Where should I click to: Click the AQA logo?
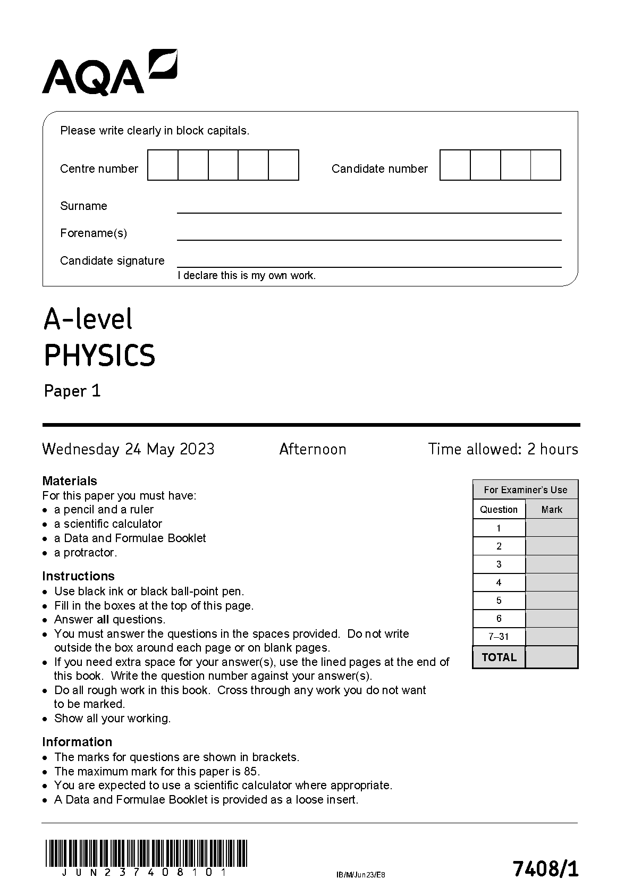109,73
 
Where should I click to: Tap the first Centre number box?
163,165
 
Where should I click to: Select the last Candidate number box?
546,165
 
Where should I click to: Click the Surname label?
83,206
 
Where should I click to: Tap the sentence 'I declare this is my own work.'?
247,275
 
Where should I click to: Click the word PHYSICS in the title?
99,356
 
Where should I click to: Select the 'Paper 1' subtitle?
72,391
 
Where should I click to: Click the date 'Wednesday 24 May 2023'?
128,449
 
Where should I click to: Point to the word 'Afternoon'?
313,449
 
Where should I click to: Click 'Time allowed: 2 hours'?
503,449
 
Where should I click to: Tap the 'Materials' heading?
70,481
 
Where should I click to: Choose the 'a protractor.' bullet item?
85,553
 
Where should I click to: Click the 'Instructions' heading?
78,576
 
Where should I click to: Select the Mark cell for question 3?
551,564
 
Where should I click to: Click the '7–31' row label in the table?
499,637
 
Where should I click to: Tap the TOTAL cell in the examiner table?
499,657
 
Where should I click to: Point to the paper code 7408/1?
545,869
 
